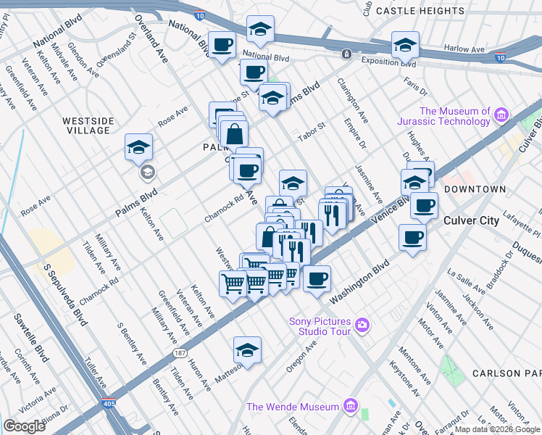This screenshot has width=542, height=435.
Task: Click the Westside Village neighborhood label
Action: coord(87,125)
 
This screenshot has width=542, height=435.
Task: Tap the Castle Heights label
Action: coord(420,11)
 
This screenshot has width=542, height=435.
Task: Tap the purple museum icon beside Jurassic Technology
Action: coord(501,115)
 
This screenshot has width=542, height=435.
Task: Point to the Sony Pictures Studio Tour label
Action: coord(320,326)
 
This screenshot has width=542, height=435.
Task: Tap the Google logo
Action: coord(24,426)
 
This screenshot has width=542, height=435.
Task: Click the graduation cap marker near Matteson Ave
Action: coord(247,350)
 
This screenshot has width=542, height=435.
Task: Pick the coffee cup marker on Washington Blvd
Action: coord(316,279)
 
